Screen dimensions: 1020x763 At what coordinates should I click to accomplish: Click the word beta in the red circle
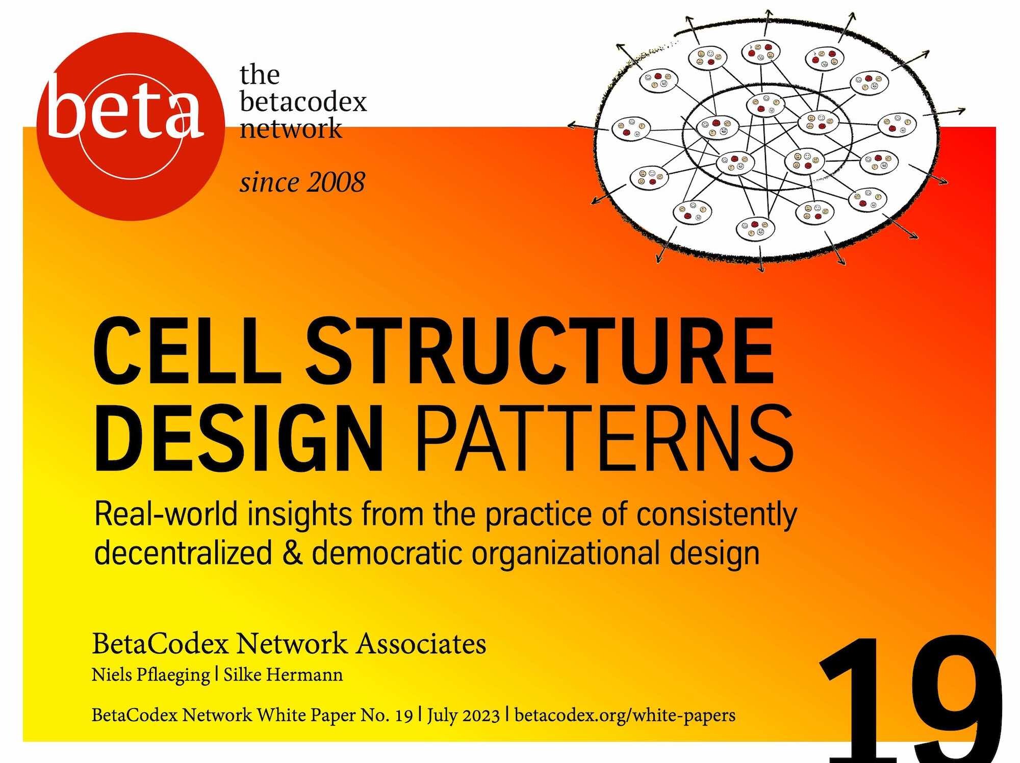click(124, 108)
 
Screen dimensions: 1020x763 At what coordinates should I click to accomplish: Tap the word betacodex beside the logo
click(303, 102)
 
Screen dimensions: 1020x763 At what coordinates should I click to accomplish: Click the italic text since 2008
click(302, 182)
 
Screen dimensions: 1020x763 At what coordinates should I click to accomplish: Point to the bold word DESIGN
click(238, 438)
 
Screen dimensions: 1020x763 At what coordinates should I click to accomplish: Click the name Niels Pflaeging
click(150, 675)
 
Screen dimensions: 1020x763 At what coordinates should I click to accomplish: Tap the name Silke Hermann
click(284, 674)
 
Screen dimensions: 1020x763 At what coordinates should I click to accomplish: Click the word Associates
click(421, 644)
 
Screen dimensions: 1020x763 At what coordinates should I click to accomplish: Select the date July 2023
click(463, 716)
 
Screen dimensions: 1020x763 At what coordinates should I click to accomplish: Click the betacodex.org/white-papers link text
click(625, 716)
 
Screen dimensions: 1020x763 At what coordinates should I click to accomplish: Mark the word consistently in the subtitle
click(717, 515)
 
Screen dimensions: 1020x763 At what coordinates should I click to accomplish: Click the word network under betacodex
click(291, 128)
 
